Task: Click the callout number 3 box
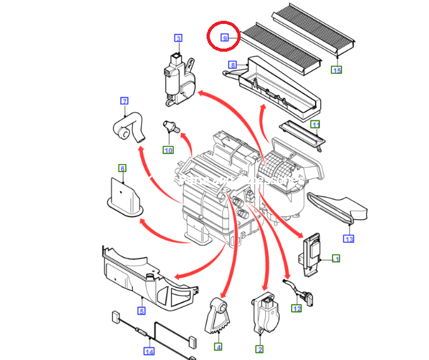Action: [178, 38]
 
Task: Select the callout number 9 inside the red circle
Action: [224, 38]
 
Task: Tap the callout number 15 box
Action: [337, 69]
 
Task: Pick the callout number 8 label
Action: [232, 65]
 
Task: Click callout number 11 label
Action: [316, 124]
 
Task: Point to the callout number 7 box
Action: [124, 101]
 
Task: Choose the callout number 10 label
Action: [168, 149]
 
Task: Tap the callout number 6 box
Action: [122, 168]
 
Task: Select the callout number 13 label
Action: [348, 238]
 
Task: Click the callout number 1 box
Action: [336, 258]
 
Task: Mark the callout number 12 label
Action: [296, 308]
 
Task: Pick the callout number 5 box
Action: [142, 311]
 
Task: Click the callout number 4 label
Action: [218, 346]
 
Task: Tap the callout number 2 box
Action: [259, 349]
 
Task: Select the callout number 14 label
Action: [149, 351]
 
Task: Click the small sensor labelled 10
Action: [171, 125]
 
